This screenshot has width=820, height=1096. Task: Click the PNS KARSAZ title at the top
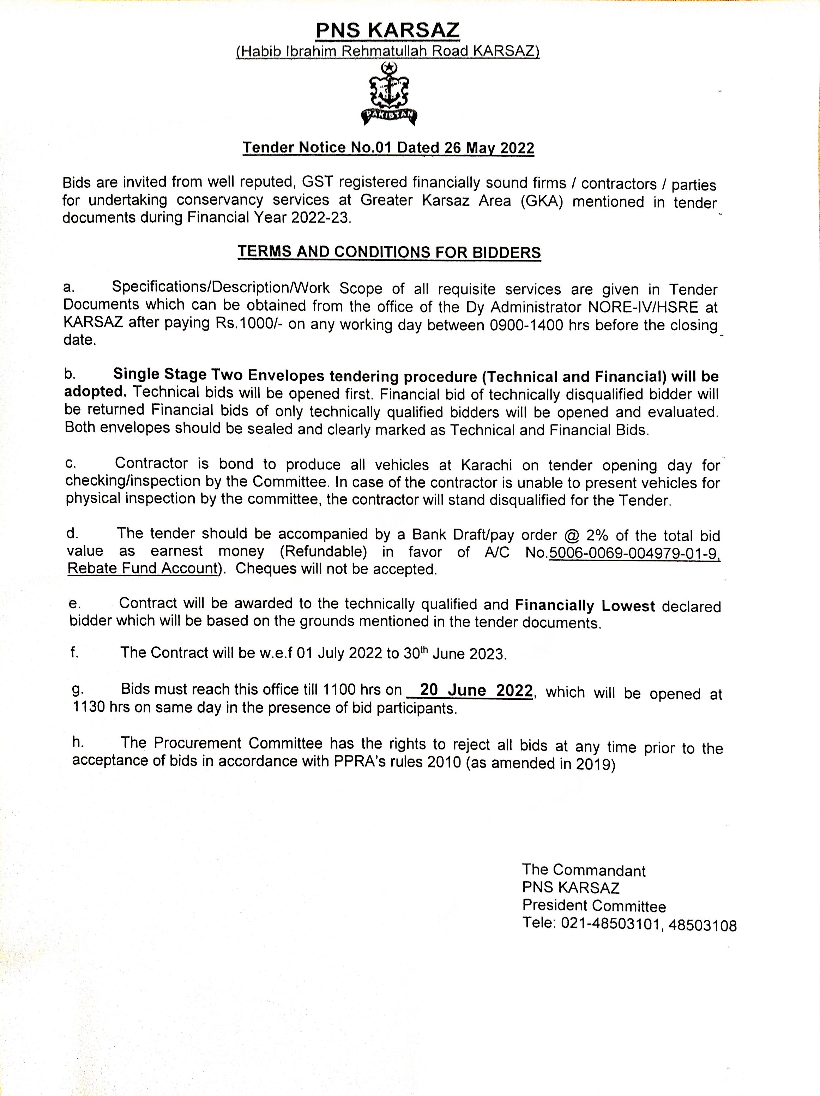[x=388, y=31]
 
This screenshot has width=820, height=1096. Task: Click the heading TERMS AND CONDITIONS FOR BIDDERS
[x=389, y=252]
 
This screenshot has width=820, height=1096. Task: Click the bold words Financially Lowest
[x=585, y=606]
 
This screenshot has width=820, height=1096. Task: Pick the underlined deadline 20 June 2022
[x=476, y=690]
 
